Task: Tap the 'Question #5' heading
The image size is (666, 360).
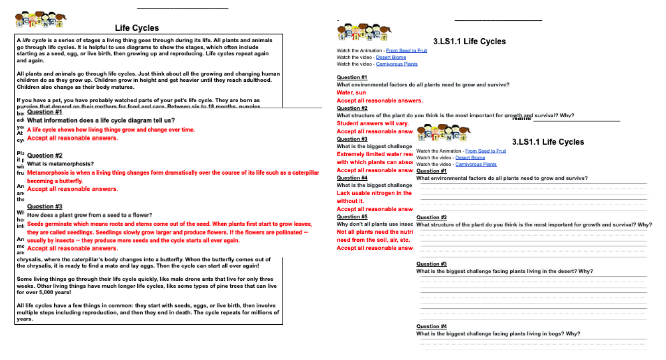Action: click(x=352, y=216)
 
